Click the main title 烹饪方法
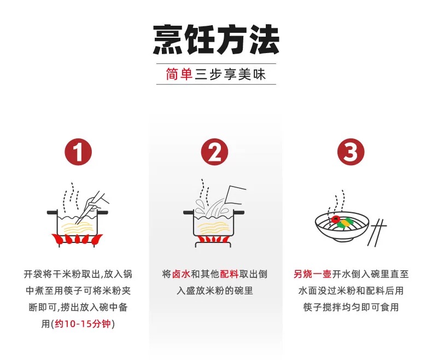(217, 39)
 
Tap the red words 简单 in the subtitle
(179, 74)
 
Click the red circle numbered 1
(78, 152)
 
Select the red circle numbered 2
(214, 152)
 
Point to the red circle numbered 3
(351, 152)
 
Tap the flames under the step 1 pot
(77, 239)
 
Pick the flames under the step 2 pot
(214, 239)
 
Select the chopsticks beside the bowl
(377, 233)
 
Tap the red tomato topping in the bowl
(335, 220)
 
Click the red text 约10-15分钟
(83, 323)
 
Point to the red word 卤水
(181, 274)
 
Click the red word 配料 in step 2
(229, 274)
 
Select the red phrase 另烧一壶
(312, 274)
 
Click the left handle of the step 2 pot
(189, 212)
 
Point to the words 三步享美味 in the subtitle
(230, 74)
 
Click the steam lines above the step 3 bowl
(337, 204)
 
